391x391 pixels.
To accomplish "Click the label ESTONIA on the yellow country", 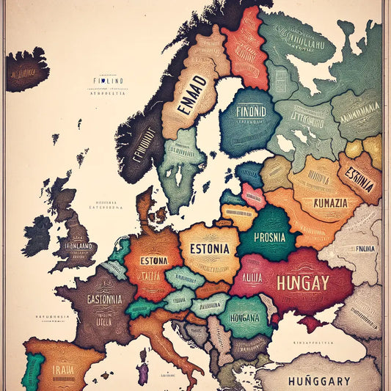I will click(209, 248).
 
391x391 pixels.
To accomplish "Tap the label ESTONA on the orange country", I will click(154, 260).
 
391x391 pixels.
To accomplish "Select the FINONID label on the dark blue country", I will click(250, 114).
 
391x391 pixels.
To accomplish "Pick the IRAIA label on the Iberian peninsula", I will click(62, 370).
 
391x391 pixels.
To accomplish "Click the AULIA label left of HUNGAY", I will click(252, 278).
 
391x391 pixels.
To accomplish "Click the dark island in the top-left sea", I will click(26, 70).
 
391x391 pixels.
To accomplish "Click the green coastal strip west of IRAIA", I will click(31, 370).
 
